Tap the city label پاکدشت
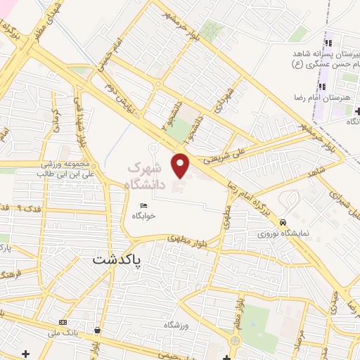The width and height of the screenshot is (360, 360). pyautogui.click(x=117, y=259)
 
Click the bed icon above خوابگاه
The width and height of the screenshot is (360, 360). pyautogui.click(x=144, y=205)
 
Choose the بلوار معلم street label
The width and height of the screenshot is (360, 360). pyautogui.click(x=233, y=278)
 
